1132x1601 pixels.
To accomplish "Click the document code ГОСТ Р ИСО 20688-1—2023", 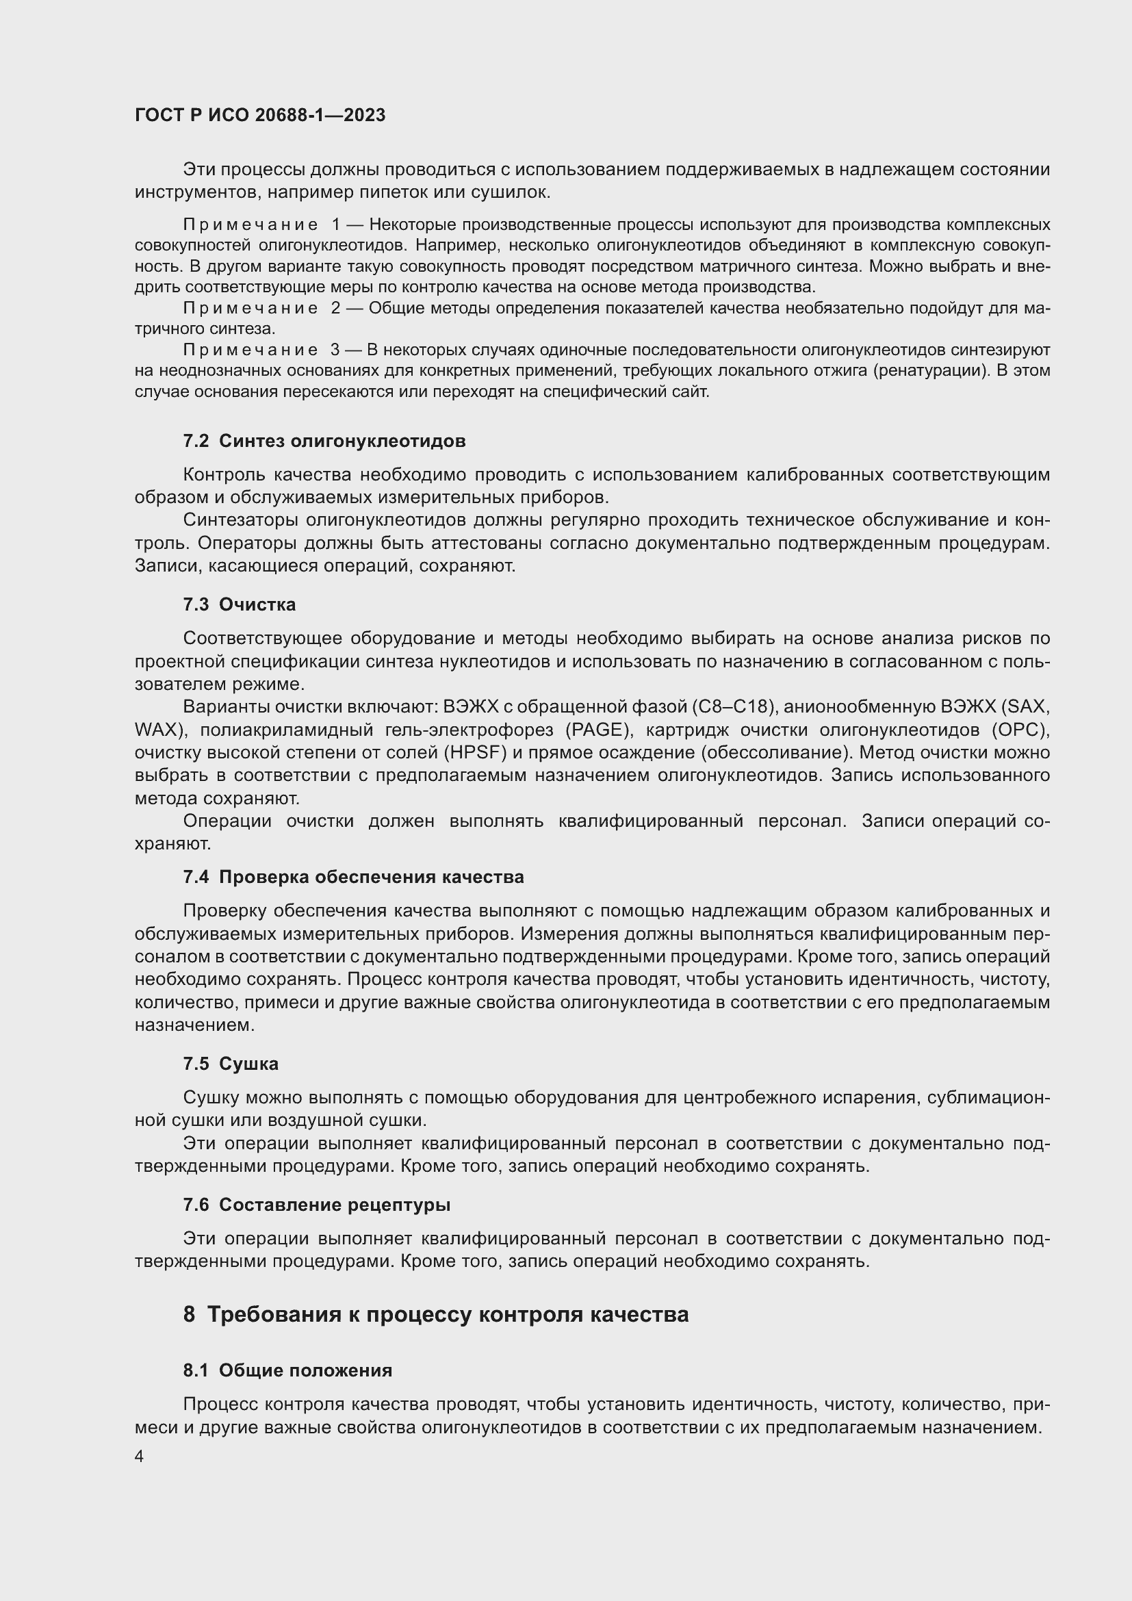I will [x=260, y=115].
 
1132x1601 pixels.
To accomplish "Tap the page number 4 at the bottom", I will [x=140, y=1457].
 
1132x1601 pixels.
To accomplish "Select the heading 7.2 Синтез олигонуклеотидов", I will [x=324, y=441].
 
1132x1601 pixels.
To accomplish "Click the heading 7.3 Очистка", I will [x=239, y=604].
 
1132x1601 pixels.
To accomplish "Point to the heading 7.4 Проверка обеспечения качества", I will [x=353, y=878].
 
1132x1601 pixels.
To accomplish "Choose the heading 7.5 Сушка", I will [x=231, y=1064].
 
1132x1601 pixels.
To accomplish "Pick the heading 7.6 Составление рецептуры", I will [x=316, y=1205].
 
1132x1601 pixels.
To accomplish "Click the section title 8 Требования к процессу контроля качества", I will [x=436, y=1314].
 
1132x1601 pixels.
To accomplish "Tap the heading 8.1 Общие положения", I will [x=287, y=1370].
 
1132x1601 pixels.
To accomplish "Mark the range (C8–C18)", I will [x=734, y=707].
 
